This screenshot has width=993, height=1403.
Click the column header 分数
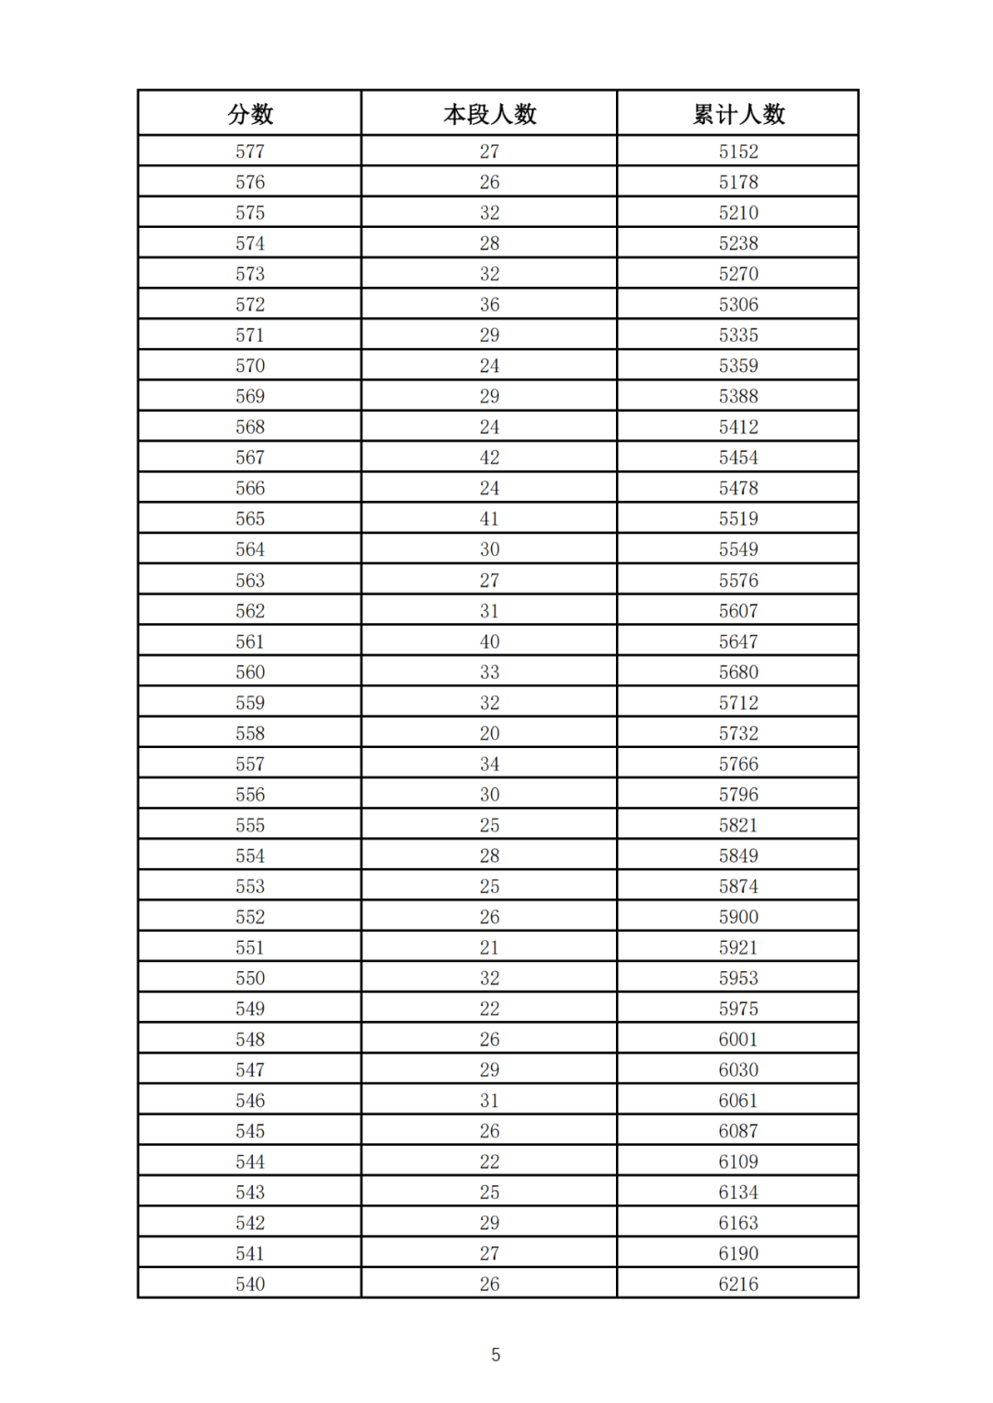(x=250, y=114)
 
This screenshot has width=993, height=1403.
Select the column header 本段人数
(x=489, y=114)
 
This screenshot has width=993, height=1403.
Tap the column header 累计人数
(x=738, y=114)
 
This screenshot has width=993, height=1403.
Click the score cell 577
(x=250, y=152)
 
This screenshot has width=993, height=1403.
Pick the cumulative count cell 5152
(x=738, y=152)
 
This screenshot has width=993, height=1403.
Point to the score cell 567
(x=250, y=458)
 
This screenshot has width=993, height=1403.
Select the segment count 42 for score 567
(x=489, y=458)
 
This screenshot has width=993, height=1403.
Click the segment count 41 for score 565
(x=489, y=519)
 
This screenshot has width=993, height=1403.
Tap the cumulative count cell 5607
(x=738, y=611)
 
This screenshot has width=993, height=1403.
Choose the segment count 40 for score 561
(x=489, y=641)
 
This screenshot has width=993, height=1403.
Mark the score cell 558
(x=250, y=733)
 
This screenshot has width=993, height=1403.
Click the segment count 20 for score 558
(x=489, y=733)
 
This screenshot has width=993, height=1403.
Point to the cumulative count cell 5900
(x=738, y=917)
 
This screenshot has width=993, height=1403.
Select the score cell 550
(x=250, y=979)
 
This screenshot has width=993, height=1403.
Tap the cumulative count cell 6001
(x=738, y=1039)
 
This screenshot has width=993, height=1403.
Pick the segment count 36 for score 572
(x=489, y=305)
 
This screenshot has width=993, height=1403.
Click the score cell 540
(x=250, y=1284)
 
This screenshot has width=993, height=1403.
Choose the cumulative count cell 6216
(x=738, y=1284)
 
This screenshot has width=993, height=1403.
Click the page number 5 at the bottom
(x=496, y=1354)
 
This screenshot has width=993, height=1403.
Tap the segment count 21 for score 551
(x=489, y=947)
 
